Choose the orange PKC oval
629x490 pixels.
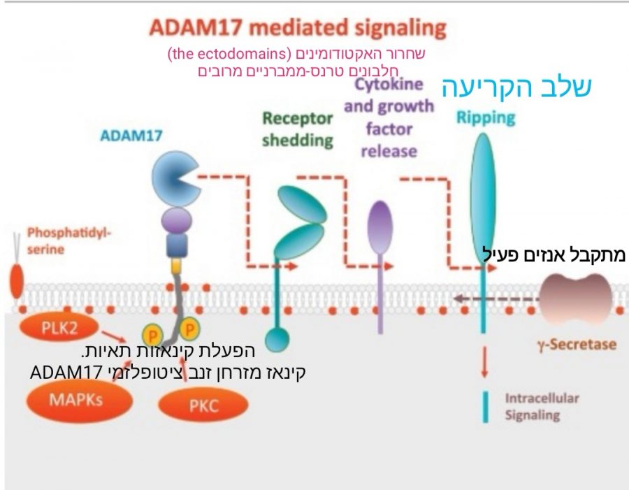(204, 405)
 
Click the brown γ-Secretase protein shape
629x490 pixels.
(577, 297)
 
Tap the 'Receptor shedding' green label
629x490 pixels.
(298, 129)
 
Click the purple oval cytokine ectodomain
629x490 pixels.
(380, 225)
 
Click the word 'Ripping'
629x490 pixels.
(486, 117)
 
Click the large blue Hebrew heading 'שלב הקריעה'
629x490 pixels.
(517, 86)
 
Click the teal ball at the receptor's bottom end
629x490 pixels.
(277, 340)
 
